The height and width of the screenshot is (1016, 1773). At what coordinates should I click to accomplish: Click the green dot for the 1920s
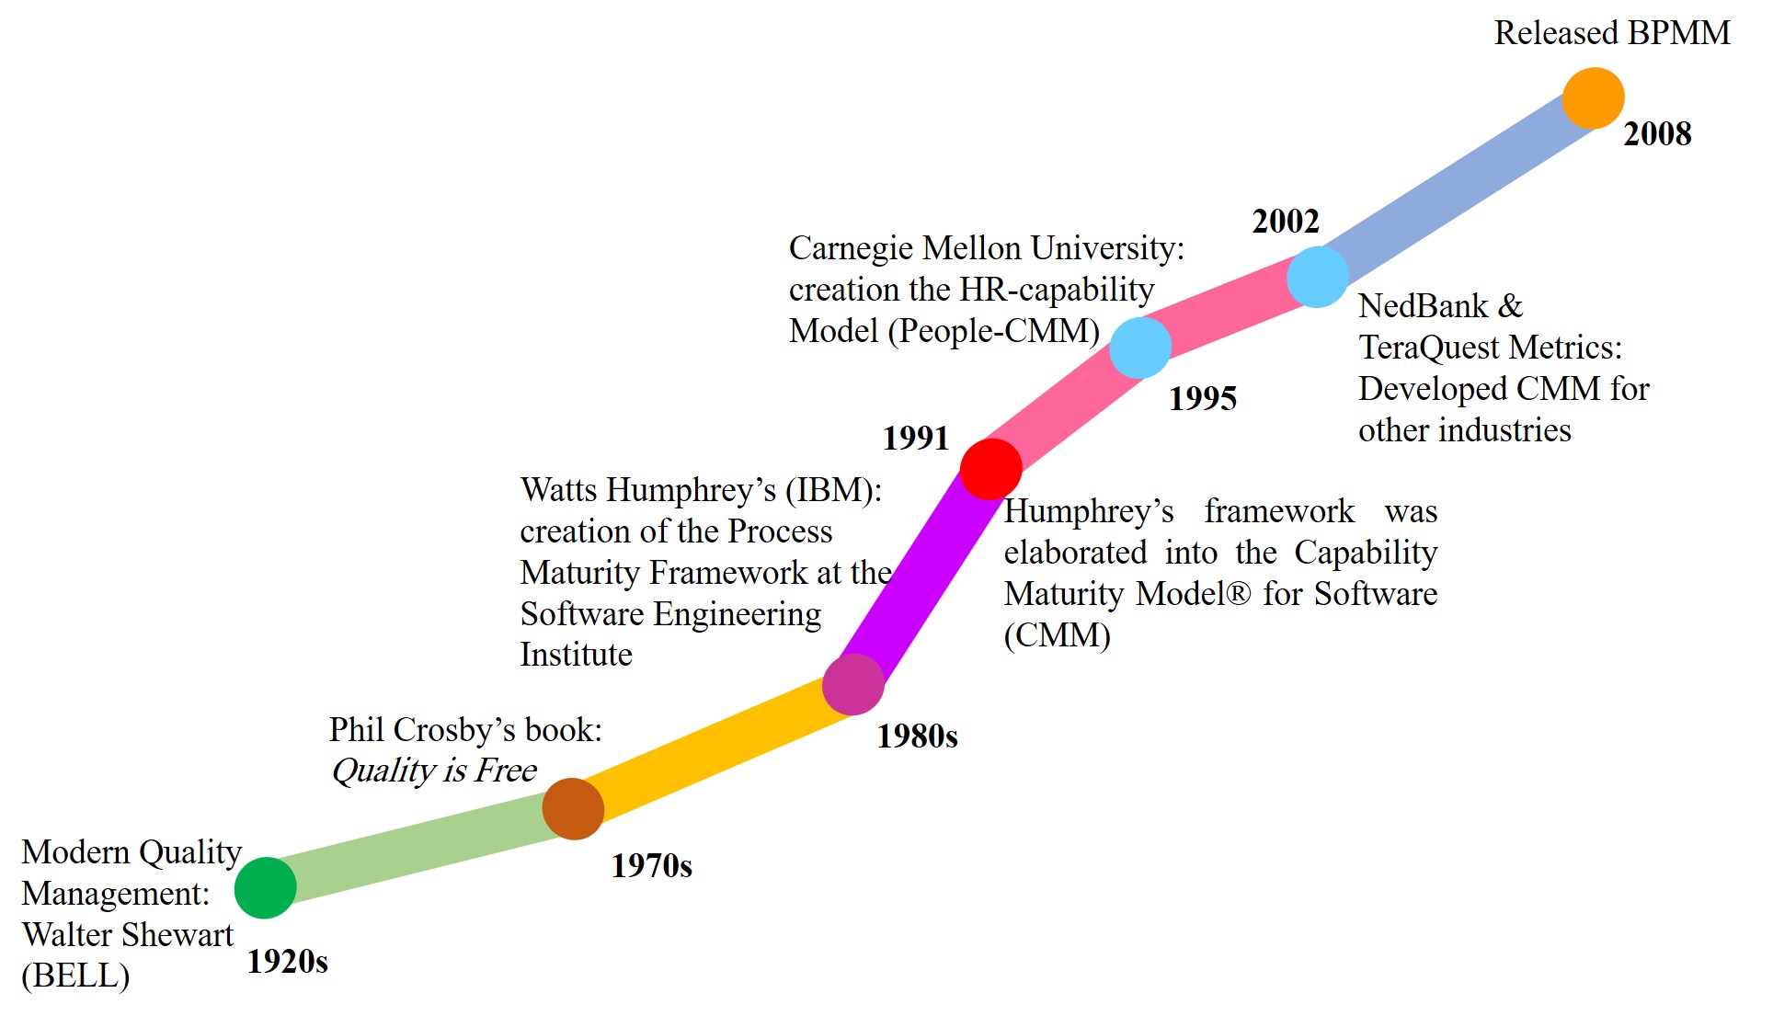[x=265, y=888]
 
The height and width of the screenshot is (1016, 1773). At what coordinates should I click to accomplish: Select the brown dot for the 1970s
[x=573, y=809]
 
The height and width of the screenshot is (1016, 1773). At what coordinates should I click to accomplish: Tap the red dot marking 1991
[x=990, y=469]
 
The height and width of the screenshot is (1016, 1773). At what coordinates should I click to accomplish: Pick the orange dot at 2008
[x=1593, y=97]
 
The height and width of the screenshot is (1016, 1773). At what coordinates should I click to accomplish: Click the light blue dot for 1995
[x=1140, y=348]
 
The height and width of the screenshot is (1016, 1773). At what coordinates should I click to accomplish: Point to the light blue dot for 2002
[x=1317, y=277]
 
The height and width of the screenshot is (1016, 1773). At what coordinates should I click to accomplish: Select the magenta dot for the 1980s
[x=853, y=685]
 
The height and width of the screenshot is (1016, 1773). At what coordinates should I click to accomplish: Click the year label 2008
[x=1657, y=134]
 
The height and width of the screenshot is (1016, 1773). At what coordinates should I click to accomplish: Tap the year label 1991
[x=915, y=439]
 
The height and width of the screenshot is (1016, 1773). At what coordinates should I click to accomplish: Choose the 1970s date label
[x=651, y=866]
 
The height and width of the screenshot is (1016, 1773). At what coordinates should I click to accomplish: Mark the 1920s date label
[x=287, y=962]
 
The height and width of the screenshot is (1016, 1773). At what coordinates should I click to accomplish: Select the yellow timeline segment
[x=713, y=747]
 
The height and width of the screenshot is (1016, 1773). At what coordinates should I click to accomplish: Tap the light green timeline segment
[x=418, y=849]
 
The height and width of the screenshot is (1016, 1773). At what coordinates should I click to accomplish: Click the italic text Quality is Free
[x=434, y=771]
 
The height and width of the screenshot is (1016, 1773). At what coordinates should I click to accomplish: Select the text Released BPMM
[x=1611, y=33]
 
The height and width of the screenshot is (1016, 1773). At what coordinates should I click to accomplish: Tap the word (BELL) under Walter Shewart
[x=75, y=976]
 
